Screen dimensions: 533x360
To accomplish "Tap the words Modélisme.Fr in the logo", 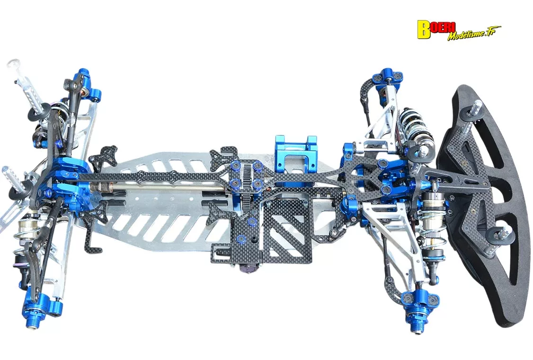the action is (474, 35).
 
